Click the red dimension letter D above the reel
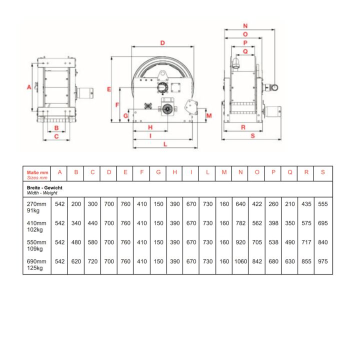(x=162, y=43)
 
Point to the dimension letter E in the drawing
(x=109, y=89)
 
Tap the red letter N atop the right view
(x=245, y=26)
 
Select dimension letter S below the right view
(x=253, y=136)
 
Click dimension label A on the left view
(x=29, y=87)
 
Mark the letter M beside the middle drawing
(x=209, y=115)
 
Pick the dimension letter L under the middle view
(x=165, y=144)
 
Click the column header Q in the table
(x=290, y=172)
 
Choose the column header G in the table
(x=158, y=172)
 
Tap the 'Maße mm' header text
(x=37, y=172)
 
